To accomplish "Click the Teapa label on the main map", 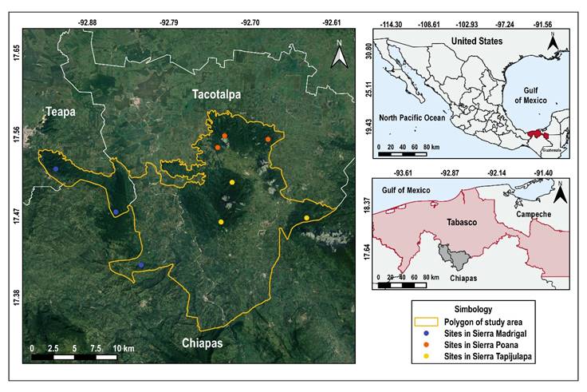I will [x=60, y=113].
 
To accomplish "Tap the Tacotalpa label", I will [x=216, y=95].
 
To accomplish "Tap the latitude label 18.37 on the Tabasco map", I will [x=368, y=206].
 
